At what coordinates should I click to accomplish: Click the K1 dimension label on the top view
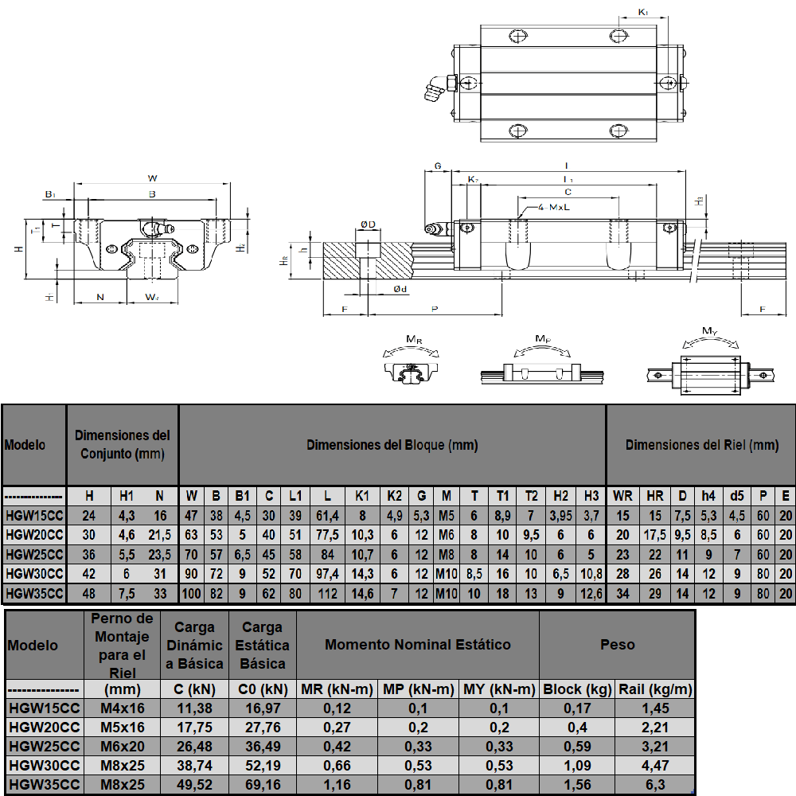643,13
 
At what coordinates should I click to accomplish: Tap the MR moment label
414,340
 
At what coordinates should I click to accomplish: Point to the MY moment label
710,331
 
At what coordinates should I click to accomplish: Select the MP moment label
542,339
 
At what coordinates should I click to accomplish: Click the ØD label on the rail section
367,225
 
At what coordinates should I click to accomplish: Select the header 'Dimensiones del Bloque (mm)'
392,445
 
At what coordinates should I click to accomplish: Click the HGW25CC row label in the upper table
34,553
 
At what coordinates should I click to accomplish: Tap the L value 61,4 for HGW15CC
327,516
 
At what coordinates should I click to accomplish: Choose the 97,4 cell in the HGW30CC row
327,573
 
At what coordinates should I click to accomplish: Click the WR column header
622,496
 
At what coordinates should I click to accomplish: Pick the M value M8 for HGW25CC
447,553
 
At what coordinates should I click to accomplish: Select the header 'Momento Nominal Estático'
418,645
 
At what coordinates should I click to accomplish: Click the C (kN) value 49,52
194,785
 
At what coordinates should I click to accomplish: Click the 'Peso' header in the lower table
617,645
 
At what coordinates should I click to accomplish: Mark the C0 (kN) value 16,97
262,708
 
